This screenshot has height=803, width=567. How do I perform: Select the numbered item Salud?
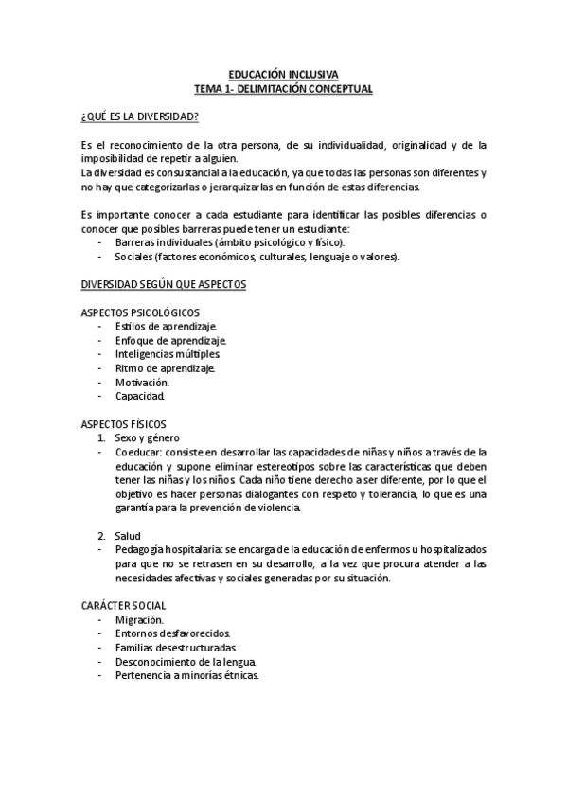click(x=128, y=536)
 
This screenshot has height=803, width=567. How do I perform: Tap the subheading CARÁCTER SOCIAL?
click(x=124, y=606)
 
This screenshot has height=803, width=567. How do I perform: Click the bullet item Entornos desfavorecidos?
click(x=172, y=633)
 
